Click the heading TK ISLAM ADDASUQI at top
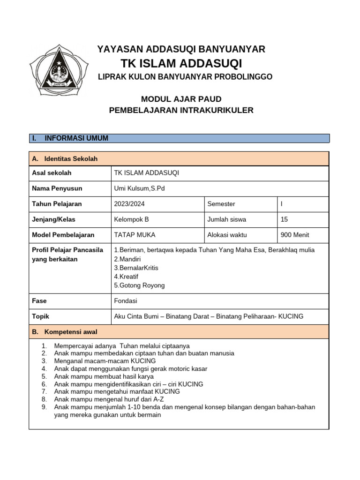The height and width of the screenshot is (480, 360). pos(181,63)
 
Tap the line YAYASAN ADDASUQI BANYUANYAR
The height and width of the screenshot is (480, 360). pos(181,49)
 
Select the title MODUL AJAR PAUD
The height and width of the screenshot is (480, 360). pos(181,98)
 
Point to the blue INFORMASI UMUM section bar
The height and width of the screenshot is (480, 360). pos(180,138)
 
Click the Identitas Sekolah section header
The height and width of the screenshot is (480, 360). pos(71,159)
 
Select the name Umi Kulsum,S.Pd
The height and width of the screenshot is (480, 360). pos(140,188)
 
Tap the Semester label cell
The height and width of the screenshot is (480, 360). pos(221,204)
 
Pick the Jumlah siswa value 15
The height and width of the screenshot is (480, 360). pos(285,219)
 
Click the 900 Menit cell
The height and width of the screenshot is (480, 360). pos(294,235)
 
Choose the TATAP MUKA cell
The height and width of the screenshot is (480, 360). pos(135,235)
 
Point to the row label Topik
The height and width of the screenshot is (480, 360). pos(40,316)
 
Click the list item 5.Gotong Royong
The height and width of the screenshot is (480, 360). pos(139,285)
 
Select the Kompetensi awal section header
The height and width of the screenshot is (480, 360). pos(71,332)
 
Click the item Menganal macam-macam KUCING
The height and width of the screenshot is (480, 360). pos(105,361)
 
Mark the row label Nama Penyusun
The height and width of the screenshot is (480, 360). pos(57,188)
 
